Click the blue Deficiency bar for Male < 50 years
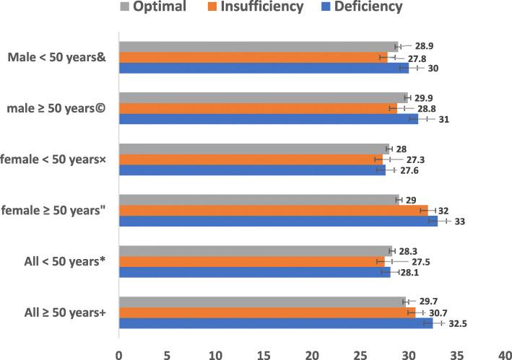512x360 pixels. [x=264, y=68]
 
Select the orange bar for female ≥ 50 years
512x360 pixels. [x=273, y=210]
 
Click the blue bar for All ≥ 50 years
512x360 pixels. [x=275, y=323]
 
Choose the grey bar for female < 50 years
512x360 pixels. [x=253, y=149]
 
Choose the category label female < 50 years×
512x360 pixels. [x=56, y=159]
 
